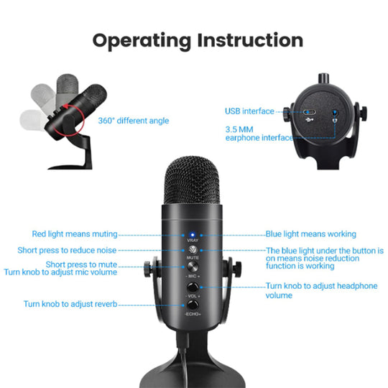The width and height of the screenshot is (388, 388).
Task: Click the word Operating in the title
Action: tap(142, 41)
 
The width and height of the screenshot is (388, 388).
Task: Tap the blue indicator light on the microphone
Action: tap(193, 234)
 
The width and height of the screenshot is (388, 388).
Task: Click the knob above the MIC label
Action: tap(193, 267)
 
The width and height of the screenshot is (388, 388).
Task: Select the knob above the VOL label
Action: tap(193, 287)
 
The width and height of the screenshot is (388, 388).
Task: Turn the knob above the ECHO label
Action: tap(193, 305)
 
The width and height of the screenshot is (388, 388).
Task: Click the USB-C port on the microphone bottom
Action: tap(309, 112)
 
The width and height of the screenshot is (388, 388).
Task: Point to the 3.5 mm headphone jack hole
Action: tap(335, 112)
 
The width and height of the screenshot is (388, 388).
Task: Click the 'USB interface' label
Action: tap(249, 111)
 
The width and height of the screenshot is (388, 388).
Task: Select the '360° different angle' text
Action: tap(134, 121)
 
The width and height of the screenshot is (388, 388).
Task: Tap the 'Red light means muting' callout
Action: tap(75, 234)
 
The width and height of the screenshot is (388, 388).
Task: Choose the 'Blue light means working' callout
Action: tap(311, 234)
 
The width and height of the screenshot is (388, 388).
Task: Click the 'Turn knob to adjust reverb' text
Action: tap(70, 304)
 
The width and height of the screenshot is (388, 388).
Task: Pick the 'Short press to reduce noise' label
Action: tap(67, 251)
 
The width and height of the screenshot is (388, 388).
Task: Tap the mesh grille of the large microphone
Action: tap(192, 180)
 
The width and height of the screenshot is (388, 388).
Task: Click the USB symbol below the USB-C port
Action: tap(310, 120)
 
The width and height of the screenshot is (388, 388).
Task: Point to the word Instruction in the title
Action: tap(250, 40)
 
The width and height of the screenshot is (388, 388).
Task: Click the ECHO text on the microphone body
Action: tap(193, 314)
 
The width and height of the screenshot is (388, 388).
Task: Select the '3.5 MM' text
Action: tap(239, 129)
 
